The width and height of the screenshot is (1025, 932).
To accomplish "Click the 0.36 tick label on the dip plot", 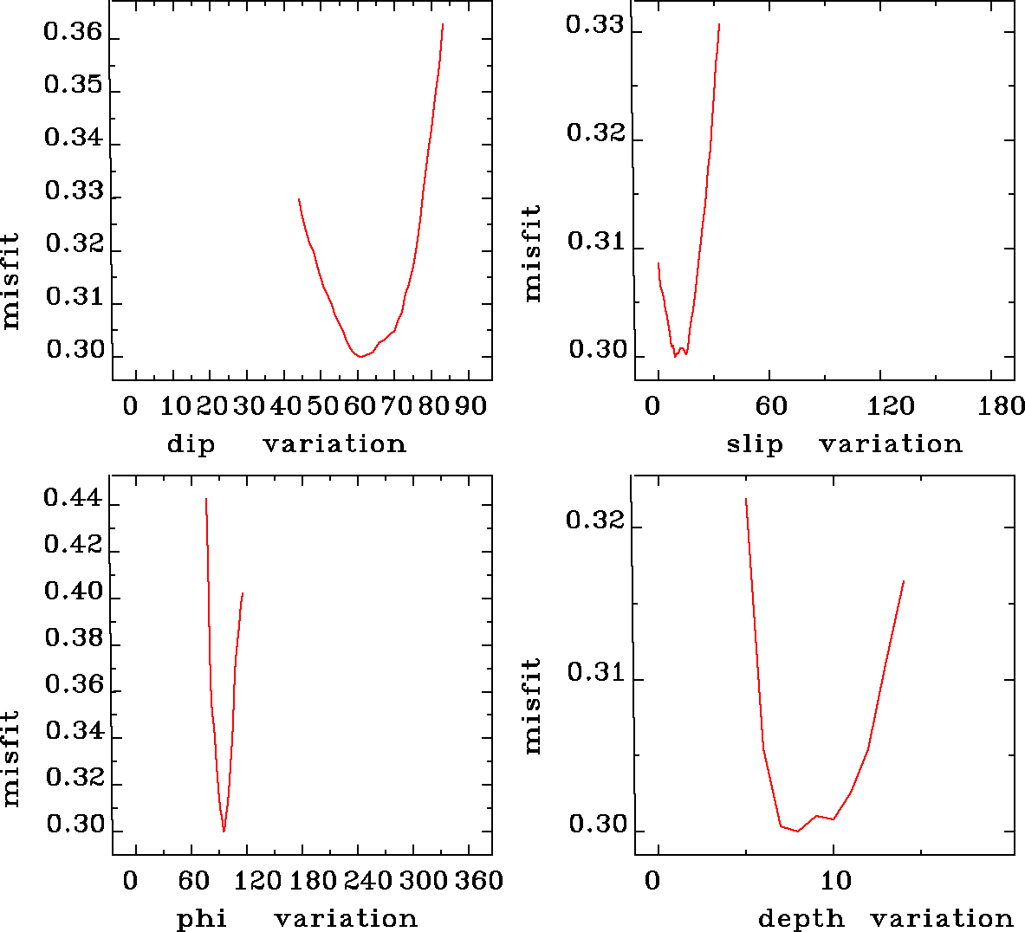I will [73, 34].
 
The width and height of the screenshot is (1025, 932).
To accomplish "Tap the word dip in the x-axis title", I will [191, 444].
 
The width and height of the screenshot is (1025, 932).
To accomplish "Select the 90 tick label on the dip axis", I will [472, 406].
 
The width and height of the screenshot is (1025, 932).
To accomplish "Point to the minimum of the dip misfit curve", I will [360, 356].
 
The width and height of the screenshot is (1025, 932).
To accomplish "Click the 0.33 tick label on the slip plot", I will [594, 24].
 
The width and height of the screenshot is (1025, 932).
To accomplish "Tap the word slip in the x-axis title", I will [755, 444].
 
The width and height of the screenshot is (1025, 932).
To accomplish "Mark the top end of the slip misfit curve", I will [719, 24].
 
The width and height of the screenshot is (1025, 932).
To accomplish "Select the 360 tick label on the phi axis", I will [479, 881].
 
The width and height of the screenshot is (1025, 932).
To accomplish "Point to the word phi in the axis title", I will [202, 919].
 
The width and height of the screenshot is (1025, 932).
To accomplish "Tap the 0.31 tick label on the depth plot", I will [595, 673].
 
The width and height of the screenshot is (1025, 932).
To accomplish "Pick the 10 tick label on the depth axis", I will [836, 881].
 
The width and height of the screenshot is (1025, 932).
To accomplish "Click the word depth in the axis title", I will [801, 918].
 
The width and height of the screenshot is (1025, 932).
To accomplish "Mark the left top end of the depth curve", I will [745, 499].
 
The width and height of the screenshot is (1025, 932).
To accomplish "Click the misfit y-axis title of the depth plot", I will [532, 705].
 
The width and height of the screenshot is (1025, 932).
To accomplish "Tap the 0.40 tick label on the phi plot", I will [73, 592].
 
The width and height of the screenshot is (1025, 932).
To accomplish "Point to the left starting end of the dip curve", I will [299, 199].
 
